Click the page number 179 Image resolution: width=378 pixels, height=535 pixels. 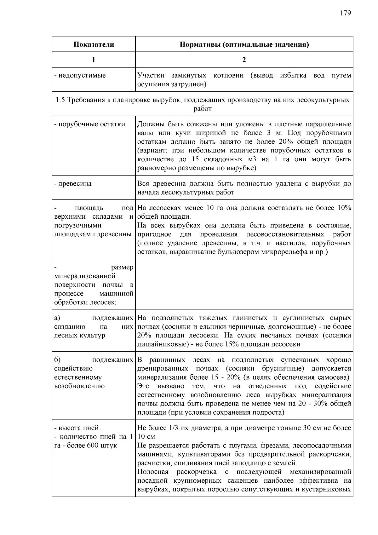(x=345, y=13)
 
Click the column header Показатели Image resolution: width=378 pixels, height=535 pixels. (x=94, y=44)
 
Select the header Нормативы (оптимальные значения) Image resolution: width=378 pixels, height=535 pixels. (x=244, y=44)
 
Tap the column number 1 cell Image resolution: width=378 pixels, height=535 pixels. (x=94, y=60)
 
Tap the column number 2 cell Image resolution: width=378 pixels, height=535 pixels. (x=244, y=60)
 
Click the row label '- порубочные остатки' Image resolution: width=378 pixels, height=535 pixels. (x=89, y=124)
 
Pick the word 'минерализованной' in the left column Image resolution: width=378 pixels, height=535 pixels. (x=85, y=276)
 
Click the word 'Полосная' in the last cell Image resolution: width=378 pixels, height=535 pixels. (x=153, y=472)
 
